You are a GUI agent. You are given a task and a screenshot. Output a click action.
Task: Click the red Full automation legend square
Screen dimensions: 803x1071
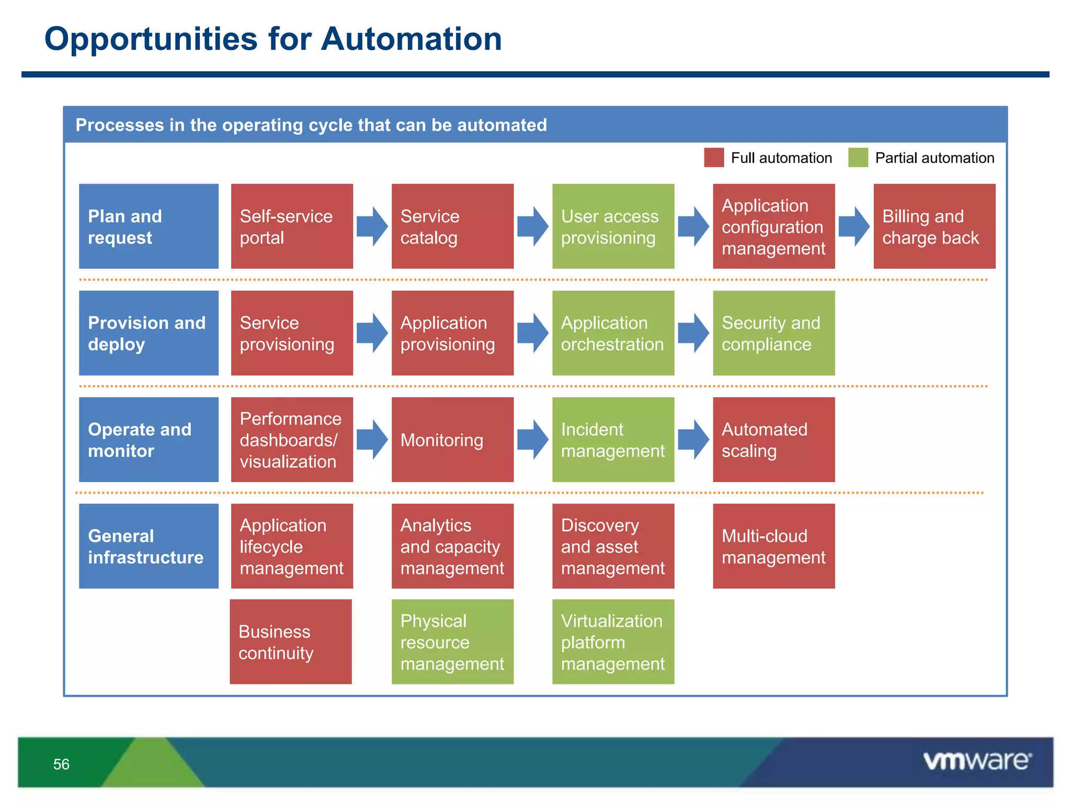(714, 157)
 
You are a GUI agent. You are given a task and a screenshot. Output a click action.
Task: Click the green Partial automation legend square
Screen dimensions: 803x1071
(858, 157)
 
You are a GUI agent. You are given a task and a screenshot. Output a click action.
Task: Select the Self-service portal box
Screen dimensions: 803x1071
(292, 226)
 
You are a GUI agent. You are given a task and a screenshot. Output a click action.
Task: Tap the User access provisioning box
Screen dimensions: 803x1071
(613, 226)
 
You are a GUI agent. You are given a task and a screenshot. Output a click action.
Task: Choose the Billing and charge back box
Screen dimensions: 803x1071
(934, 226)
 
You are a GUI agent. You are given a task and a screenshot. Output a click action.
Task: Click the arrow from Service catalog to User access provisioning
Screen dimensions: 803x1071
(533, 226)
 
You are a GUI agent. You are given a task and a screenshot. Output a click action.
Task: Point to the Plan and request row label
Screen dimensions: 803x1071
(149, 226)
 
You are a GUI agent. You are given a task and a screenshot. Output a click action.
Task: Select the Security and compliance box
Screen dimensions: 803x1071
(773, 333)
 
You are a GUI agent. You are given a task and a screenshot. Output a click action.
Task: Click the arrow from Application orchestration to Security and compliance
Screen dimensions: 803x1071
(693, 333)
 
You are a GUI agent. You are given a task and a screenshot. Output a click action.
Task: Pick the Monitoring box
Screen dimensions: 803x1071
(452, 440)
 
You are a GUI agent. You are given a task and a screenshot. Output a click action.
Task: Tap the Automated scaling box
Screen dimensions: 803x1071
(773, 440)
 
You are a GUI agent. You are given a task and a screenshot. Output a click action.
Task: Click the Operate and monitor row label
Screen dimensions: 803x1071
(149, 440)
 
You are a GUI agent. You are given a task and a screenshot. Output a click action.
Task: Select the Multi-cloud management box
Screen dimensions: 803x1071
(773, 546)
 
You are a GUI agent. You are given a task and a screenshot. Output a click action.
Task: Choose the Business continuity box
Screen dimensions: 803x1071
(291, 642)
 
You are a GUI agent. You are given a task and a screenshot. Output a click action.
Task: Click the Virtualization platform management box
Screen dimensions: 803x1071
(613, 642)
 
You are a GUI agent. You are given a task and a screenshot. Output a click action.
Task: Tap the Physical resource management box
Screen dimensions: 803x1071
(452, 642)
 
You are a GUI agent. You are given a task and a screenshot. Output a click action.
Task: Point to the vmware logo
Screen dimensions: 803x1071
(977, 761)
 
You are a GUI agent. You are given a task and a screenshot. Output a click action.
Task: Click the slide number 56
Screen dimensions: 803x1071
(61, 764)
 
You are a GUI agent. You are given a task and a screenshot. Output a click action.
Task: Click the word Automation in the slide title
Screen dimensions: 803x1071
(411, 39)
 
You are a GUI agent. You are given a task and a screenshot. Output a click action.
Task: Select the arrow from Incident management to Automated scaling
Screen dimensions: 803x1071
(693, 440)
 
